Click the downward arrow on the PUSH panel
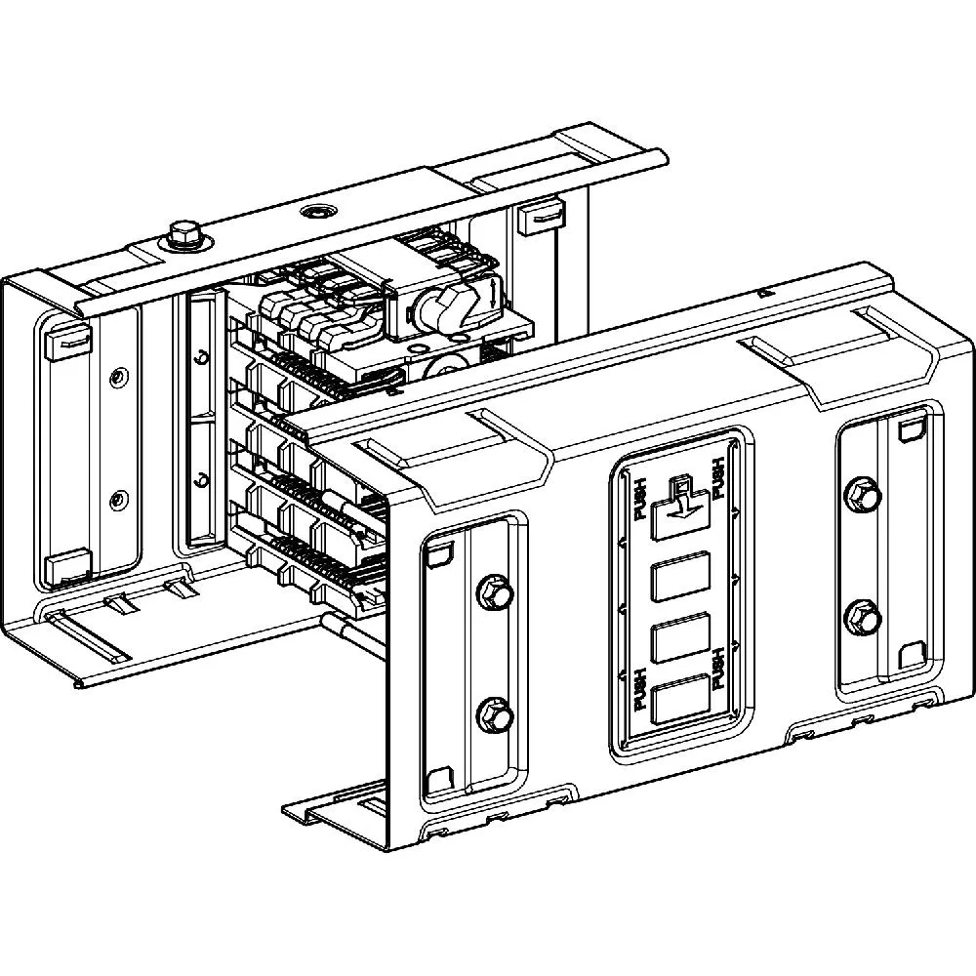click(680, 506)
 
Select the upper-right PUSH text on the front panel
click(720, 479)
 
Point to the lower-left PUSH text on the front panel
click(638, 689)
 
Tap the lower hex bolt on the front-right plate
click(862, 616)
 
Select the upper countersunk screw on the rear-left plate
click(118, 376)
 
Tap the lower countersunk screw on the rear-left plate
click(118, 500)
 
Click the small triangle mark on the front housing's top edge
click(760, 291)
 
